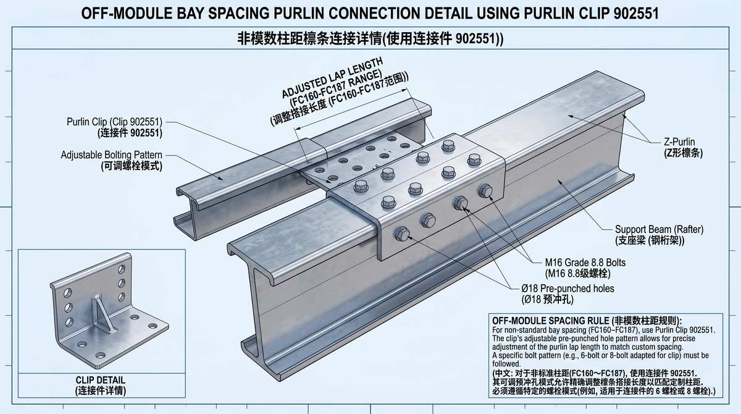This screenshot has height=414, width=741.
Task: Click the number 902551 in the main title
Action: pos(636,13)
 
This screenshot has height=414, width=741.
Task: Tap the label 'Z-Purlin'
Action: pos(679,142)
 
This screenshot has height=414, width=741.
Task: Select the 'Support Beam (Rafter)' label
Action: pos(659,229)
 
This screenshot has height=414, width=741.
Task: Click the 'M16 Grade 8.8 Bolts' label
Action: pos(585,263)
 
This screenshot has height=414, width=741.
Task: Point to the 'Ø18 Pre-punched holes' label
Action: pos(567,288)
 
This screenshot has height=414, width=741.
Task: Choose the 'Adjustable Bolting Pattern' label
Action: pos(112,155)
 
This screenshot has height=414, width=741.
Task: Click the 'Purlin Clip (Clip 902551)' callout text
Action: pos(114,122)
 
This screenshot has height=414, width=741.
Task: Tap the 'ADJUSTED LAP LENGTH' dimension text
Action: pos(332,77)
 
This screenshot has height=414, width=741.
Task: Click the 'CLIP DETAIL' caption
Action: pos(101,380)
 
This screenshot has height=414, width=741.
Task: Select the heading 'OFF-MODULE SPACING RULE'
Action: pos(550,321)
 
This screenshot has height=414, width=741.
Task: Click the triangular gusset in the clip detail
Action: pos(103,313)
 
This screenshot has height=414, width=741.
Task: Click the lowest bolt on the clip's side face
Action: pos(402,234)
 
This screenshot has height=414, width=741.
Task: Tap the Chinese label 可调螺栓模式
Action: pos(132,166)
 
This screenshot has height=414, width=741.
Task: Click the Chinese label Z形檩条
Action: pos(684,153)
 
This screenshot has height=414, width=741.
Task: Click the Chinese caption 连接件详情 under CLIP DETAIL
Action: pos(101,391)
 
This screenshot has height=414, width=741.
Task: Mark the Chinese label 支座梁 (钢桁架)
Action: pos(650,240)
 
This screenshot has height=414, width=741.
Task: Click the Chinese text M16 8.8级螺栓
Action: pos(577,274)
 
